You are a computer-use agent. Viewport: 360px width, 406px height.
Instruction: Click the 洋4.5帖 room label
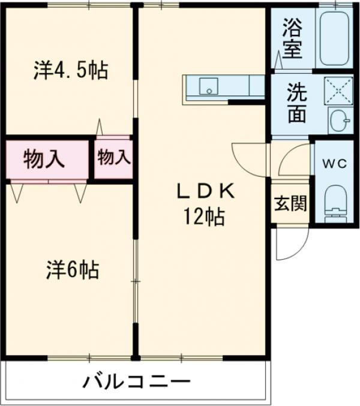click(70, 71)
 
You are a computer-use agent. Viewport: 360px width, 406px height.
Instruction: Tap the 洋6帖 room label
click(73, 270)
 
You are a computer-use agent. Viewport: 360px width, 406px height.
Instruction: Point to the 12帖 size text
click(204, 215)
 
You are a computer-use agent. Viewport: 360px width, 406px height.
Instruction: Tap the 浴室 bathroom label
click(292, 40)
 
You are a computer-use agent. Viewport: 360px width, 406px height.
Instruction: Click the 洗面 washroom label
click(296, 103)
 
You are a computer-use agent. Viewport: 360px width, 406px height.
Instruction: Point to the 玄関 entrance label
click(290, 204)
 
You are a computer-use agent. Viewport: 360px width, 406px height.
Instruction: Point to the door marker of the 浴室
click(279, 61)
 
